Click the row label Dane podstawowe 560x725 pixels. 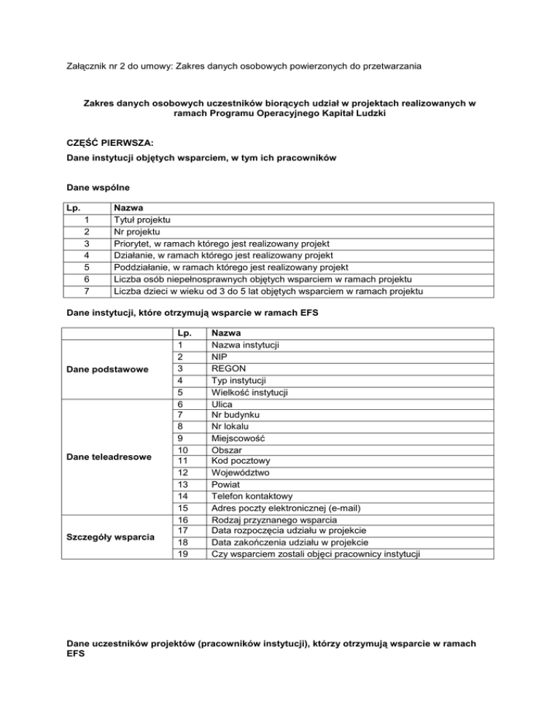(107, 370)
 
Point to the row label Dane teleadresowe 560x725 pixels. (108, 457)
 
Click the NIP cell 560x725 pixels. (220, 357)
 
